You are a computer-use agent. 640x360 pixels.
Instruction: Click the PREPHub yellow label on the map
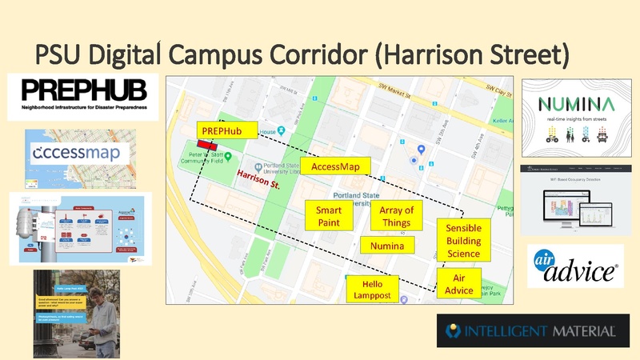click(218, 130)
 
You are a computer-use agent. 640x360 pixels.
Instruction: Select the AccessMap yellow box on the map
click(335, 166)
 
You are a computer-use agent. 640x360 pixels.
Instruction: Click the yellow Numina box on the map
click(387, 246)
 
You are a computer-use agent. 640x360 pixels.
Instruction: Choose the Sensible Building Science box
click(462, 241)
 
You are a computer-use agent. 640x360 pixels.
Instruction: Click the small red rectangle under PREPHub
click(209, 145)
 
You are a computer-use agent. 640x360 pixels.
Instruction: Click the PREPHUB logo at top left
click(83, 97)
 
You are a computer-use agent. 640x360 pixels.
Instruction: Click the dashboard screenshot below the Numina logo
click(576, 200)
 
